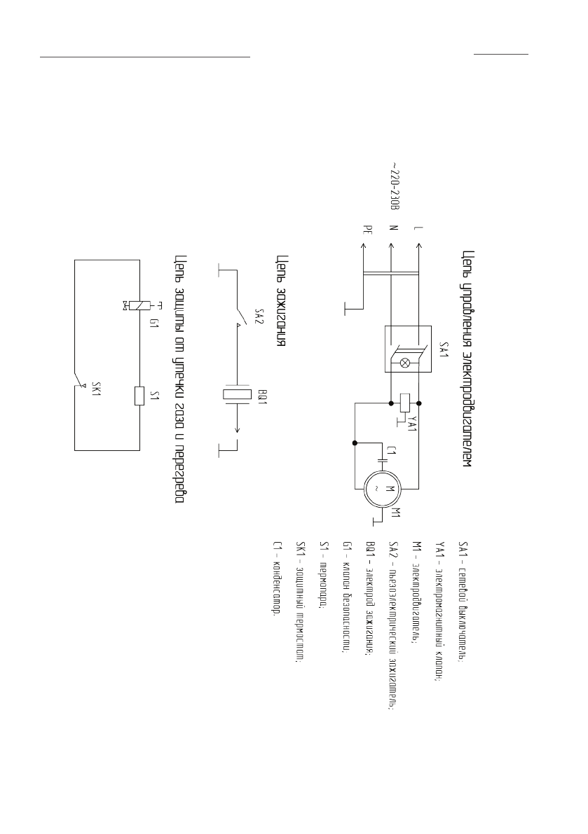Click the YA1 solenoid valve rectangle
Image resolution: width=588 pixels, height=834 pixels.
[404, 403]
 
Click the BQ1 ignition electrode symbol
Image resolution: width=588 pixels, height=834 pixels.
[237, 394]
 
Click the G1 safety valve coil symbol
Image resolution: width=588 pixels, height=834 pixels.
[141, 305]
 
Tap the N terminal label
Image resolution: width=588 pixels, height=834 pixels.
[392, 228]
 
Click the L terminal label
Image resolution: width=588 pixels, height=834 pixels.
[418, 228]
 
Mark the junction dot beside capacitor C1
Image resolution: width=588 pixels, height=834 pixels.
[355, 443]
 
